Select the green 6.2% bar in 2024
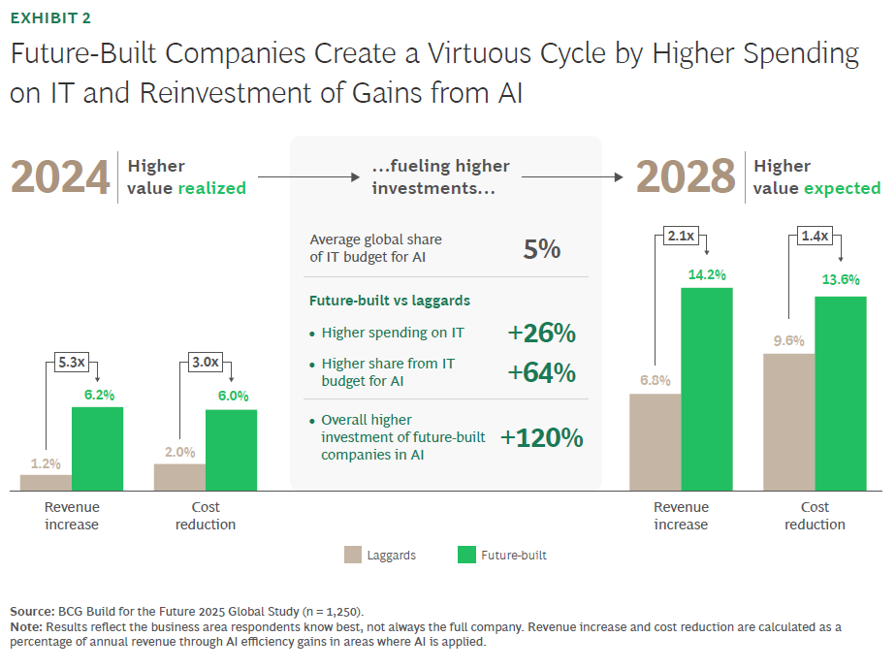[97, 449]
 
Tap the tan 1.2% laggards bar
[46, 482]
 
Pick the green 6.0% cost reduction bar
[231, 450]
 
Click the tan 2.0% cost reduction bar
[179, 477]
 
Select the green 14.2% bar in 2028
[706, 389]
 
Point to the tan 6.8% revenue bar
[655, 441]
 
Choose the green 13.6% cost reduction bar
[840, 393]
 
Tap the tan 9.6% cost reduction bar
[788, 422]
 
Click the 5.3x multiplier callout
[72, 363]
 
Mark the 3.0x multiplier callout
[206, 363]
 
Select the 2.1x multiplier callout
[681, 236]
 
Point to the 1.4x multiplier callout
[815, 236]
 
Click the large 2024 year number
[60, 177]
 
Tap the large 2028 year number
[686, 177]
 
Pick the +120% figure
[542, 438]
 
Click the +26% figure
[542, 334]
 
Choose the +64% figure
[542, 373]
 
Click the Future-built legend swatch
[465, 556]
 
